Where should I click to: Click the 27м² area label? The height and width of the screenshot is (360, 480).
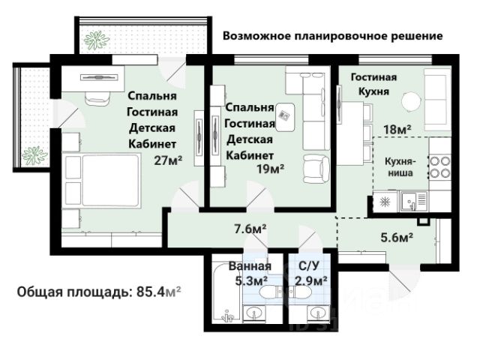pos(168,160)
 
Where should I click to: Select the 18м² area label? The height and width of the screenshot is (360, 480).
pos(397,130)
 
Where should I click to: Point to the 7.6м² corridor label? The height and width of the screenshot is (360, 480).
pos(250,229)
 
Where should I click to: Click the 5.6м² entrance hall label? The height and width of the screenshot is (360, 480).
pos(397,237)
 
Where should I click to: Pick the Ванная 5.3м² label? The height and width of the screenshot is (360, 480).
pos(250,273)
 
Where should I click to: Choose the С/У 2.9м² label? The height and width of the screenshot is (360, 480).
pos(310,273)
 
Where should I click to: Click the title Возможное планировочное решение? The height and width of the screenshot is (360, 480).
pos(333,36)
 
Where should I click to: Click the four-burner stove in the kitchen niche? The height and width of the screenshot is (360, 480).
pos(440,167)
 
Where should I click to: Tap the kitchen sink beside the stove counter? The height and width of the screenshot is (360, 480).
pos(414,201)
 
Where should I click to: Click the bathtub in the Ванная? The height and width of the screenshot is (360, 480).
pos(226,293)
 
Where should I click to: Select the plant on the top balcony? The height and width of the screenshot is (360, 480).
pos(97,40)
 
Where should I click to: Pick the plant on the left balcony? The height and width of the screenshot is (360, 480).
pos(34,155)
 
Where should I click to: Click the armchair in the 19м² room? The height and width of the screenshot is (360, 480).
pos(316,169)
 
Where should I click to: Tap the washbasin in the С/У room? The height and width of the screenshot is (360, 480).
pos(317,313)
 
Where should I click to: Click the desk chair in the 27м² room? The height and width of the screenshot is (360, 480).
pos(98,98)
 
